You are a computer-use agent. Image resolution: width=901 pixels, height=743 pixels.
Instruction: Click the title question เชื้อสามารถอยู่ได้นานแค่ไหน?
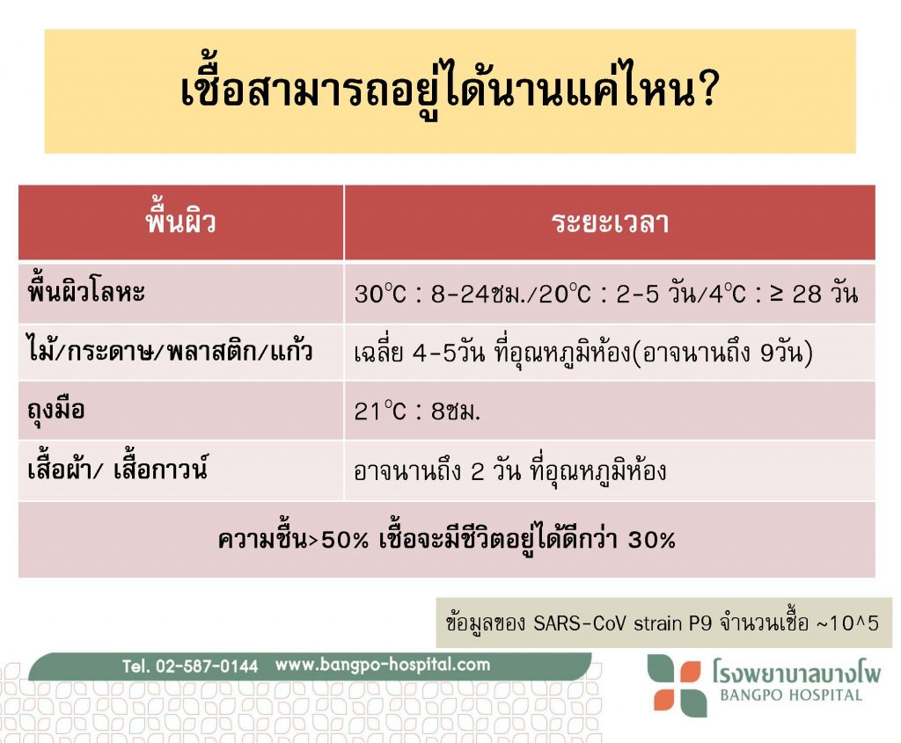(450, 91)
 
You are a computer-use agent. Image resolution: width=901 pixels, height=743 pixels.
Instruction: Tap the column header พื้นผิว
(180, 222)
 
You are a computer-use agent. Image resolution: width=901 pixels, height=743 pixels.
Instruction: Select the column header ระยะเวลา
(611, 222)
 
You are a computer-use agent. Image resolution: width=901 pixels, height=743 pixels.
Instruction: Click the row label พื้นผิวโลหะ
(86, 292)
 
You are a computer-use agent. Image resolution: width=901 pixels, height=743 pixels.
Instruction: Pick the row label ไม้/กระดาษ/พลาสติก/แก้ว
(170, 351)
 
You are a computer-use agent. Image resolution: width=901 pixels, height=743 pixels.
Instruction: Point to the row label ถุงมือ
(56, 410)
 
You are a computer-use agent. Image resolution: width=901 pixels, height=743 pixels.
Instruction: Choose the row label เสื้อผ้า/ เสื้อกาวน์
(117, 469)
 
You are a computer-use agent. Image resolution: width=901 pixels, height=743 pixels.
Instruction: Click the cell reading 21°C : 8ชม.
(417, 412)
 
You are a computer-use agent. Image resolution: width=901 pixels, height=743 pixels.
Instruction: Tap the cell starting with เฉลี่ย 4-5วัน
(583, 353)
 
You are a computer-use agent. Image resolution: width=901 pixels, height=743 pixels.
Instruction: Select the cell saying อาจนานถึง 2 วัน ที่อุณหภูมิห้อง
(510, 470)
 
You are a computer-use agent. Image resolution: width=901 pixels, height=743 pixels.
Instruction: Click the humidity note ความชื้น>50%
(293, 539)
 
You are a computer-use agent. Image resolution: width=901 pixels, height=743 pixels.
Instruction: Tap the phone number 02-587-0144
(207, 666)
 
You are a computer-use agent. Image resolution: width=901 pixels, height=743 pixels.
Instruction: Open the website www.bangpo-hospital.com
(383, 665)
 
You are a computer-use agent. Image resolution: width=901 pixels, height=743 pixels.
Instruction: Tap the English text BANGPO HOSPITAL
(791, 696)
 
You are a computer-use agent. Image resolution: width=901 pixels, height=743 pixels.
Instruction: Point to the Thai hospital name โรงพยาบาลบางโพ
(796, 671)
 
